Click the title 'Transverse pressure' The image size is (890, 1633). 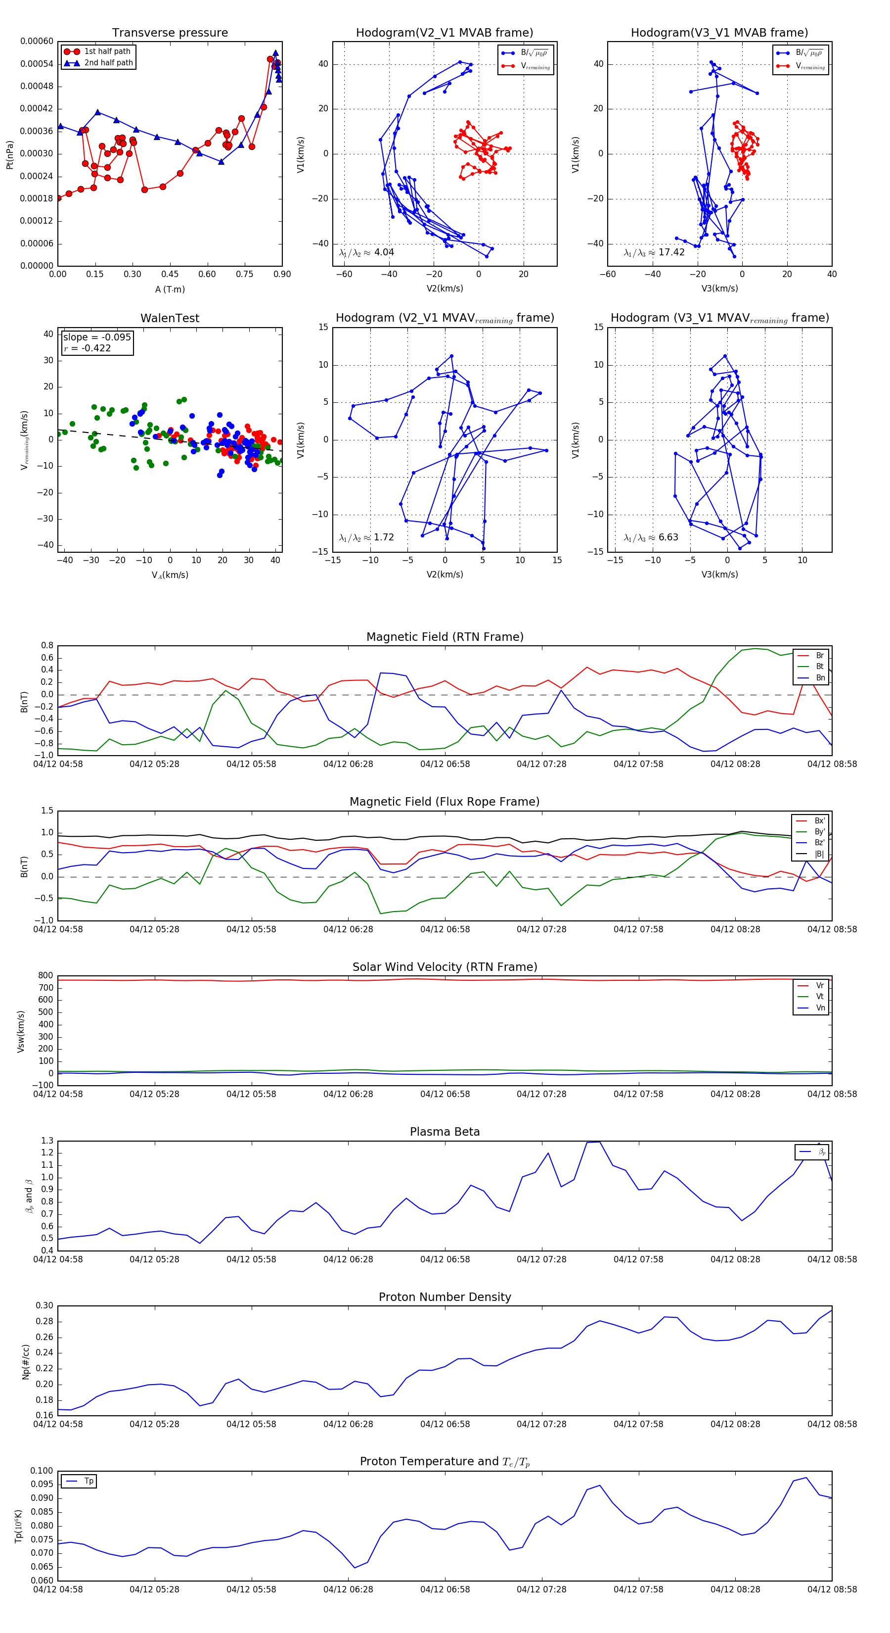[x=170, y=33]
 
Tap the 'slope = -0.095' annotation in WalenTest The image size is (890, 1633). [x=97, y=337]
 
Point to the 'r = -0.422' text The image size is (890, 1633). [x=88, y=348]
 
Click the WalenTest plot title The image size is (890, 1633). [x=170, y=318]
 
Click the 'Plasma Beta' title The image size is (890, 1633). [x=445, y=1132]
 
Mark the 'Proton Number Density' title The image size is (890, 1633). [x=445, y=1297]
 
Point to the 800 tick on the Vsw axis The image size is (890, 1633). [x=45, y=976]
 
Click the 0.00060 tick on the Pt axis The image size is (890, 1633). [x=37, y=42]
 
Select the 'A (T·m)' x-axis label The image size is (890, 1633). [x=170, y=289]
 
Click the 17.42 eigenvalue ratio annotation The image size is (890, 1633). [x=654, y=252]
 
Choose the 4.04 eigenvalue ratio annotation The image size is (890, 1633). [x=367, y=252]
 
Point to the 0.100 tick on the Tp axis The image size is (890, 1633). [x=42, y=1471]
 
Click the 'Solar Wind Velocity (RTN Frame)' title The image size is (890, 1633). [x=445, y=967]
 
